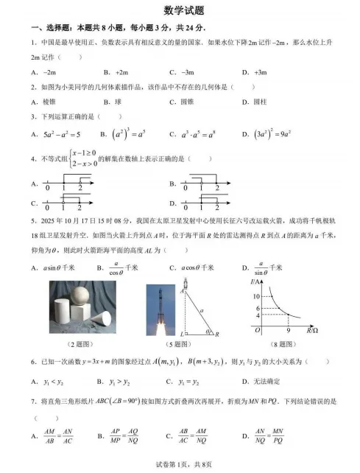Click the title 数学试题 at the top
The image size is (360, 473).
coord(180,10)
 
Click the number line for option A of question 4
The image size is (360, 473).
coord(67,182)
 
